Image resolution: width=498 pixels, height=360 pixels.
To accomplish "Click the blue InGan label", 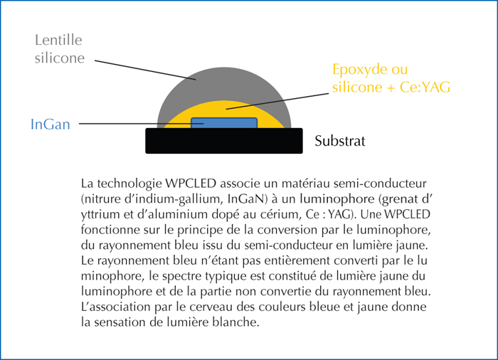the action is coord(51,125).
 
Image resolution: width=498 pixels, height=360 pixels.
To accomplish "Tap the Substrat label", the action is coord(340,141).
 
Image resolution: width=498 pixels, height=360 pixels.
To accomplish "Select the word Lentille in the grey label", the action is coord(58,40).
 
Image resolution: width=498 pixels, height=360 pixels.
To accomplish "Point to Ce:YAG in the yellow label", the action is coord(425,87).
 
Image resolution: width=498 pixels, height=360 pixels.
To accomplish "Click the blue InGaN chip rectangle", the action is coord(224,123).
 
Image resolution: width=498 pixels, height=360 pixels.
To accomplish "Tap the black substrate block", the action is coord(224,141).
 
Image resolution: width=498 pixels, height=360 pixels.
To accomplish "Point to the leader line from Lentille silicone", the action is coord(145,70).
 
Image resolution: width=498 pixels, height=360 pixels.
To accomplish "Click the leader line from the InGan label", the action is coord(141,124).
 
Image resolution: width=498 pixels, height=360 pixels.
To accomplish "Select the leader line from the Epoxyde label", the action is coord(277,101).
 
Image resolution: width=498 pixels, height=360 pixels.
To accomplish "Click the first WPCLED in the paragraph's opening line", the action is coord(191,184).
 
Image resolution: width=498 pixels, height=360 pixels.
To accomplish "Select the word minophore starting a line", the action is coord(112,276).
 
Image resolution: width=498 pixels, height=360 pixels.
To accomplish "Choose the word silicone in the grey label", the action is coord(60,58).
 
